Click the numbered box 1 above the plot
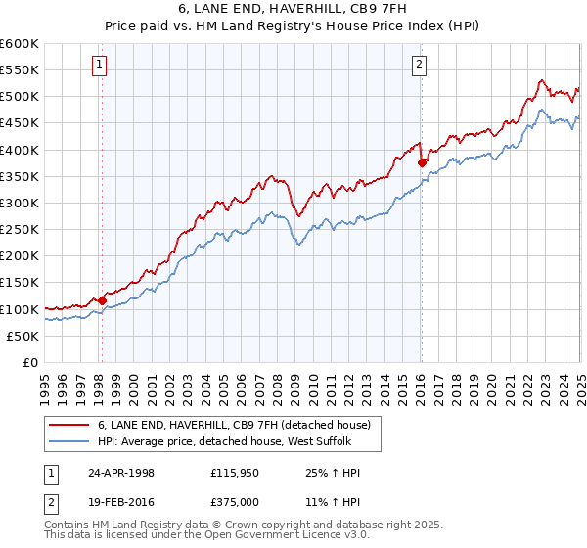pyautogui.click(x=101, y=66)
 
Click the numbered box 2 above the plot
pyautogui.click(x=419, y=66)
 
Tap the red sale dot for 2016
pyautogui.click(x=422, y=162)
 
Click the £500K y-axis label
pyautogui.click(x=20, y=97)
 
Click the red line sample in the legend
pyautogui.click(x=68, y=425)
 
